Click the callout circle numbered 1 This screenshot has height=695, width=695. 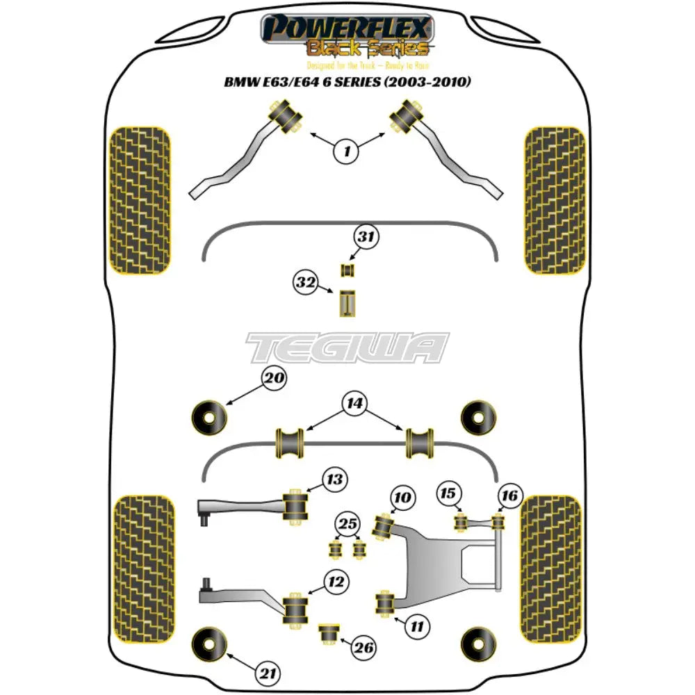pyautogui.click(x=347, y=149)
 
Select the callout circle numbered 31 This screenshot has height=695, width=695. pyautogui.click(x=366, y=237)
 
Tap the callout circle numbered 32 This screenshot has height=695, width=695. pyautogui.click(x=306, y=283)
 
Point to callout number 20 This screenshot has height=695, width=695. pyautogui.click(x=274, y=379)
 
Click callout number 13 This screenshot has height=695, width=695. pyautogui.click(x=335, y=480)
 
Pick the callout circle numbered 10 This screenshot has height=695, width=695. pyautogui.click(x=403, y=498)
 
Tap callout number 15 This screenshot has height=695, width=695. pyautogui.click(x=450, y=493)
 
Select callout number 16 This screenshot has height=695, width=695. pyautogui.click(x=509, y=496)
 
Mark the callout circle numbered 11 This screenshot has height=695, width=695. pyautogui.click(x=416, y=628)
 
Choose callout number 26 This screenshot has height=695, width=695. pyautogui.click(x=364, y=648)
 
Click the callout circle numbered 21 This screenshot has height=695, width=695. pyautogui.click(x=268, y=673)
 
